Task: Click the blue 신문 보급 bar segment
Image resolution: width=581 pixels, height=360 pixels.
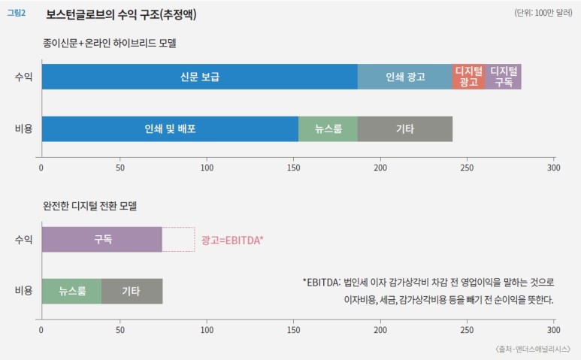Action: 199,77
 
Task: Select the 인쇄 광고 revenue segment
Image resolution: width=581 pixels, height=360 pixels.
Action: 404,77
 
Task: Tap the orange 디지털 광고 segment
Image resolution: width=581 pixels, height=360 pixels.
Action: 468,77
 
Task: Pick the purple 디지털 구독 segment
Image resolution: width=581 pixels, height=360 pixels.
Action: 503,77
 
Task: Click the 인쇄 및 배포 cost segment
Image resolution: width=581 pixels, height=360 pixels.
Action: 170,129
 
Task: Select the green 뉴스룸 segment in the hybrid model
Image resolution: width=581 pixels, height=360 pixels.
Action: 328,129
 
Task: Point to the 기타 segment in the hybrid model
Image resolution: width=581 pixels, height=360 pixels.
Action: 404,129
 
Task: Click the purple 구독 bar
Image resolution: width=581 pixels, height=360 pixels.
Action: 101,239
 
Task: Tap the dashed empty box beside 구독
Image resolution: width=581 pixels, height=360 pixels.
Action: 178,239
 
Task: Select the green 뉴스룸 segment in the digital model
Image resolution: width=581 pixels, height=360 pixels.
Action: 71,291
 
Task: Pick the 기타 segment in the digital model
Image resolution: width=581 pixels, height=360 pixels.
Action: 132,291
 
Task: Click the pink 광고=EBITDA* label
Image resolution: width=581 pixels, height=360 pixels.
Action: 232,240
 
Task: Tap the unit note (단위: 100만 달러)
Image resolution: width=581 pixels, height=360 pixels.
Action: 544,14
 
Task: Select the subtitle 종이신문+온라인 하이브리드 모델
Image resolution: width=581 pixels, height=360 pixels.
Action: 109,44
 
